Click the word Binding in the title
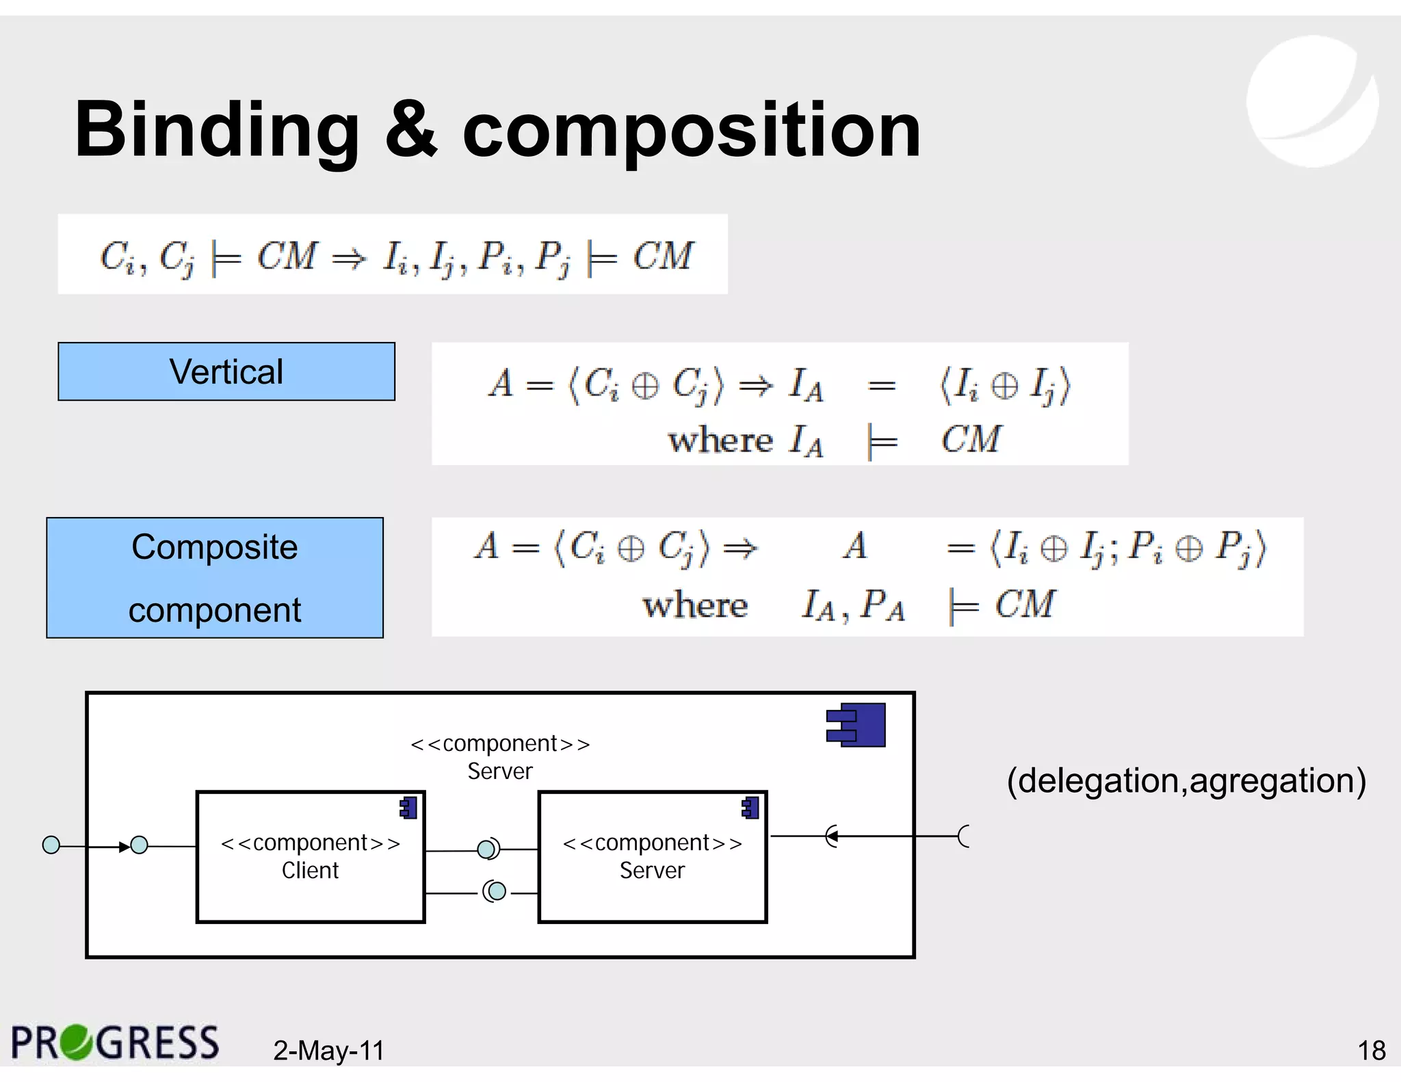pyautogui.click(x=217, y=130)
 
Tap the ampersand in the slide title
pyautogui.click(x=410, y=130)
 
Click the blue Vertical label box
pyautogui.click(x=226, y=371)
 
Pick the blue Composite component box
pyautogui.click(x=215, y=578)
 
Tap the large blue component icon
pyautogui.click(x=856, y=725)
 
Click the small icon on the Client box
pyautogui.click(x=409, y=808)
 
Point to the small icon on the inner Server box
pyautogui.click(x=751, y=808)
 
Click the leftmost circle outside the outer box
pyautogui.click(x=51, y=845)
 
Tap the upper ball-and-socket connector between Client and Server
pyautogui.click(x=488, y=849)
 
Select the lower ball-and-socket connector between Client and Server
pyautogui.click(x=495, y=891)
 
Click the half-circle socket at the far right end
pyautogui.click(x=965, y=836)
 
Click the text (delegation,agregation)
pyautogui.click(x=1186, y=781)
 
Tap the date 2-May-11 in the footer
pyautogui.click(x=329, y=1051)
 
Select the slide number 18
pyautogui.click(x=1371, y=1051)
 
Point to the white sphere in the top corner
pyautogui.click(x=1312, y=101)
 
